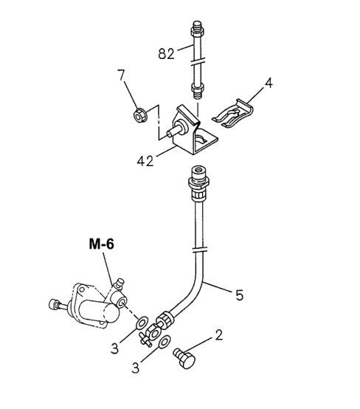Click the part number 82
[166, 54]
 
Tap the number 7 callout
[121, 75]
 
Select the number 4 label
[269, 83]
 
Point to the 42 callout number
[145, 161]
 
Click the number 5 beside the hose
[239, 295]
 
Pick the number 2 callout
[219, 335]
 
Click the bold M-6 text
[101, 244]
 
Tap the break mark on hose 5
[199, 250]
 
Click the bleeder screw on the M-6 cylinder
[120, 283]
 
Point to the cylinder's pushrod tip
[53, 304]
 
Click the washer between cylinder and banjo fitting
[142, 323]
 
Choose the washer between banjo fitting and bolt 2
[164, 342]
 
